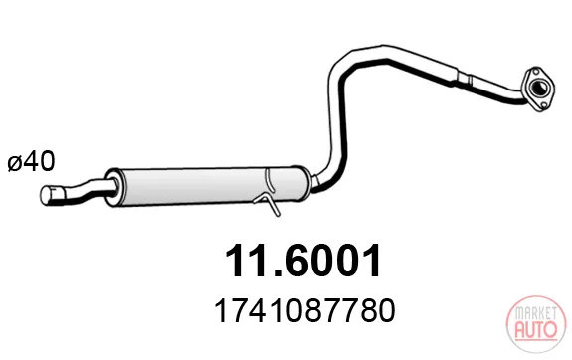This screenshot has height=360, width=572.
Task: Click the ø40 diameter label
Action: tap(32, 161)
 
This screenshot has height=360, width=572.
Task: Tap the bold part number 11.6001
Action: tap(302, 261)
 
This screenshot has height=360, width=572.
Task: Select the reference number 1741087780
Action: tap(304, 311)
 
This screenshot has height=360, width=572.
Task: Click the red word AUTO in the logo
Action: tap(536, 329)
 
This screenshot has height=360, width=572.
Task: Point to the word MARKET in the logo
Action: tap(536, 313)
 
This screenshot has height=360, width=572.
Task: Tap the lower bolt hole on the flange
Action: tap(543, 105)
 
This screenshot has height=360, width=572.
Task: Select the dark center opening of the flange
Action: tap(538, 88)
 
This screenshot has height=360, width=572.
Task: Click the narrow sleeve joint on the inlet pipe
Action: tap(464, 80)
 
